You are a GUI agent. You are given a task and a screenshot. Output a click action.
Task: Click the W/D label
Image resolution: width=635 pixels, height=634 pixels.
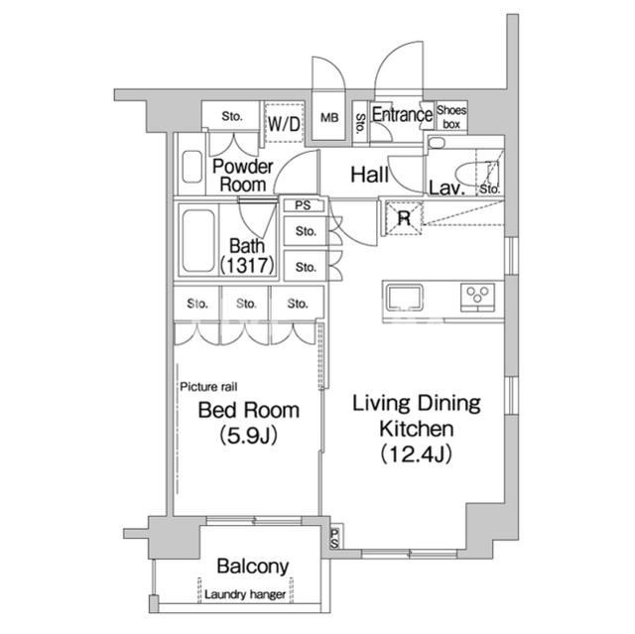[x=284, y=123]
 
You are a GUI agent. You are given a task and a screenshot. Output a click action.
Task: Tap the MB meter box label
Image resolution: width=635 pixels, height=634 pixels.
[x=329, y=118]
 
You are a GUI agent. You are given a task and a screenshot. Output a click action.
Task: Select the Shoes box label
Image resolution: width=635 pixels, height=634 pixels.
[x=451, y=117]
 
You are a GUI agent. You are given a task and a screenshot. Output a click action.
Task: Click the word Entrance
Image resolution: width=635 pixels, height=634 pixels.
[x=402, y=114]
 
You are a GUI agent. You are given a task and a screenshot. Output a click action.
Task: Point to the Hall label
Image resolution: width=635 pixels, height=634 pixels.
[x=369, y=175]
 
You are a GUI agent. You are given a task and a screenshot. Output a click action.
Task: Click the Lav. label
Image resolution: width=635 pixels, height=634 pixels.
[x=446, y=189]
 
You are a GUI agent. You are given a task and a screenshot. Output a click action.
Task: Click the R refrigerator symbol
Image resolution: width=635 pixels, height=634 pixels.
[x=404, y=218]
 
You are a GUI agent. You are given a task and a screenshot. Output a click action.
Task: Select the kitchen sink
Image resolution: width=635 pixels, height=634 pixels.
[x=404, y=298]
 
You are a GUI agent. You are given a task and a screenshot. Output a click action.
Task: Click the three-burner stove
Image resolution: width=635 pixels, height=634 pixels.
[x=477, y=298]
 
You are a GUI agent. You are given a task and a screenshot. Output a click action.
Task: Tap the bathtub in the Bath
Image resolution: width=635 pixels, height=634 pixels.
[x=198, y=241]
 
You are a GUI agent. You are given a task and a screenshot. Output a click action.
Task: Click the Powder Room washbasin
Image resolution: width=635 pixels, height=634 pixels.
[x=191, y=167]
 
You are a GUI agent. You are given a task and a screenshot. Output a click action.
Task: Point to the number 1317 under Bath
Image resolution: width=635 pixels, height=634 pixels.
[x=247, y=266]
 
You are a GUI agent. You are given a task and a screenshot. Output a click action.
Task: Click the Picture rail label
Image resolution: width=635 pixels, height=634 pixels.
[x=208, y=387]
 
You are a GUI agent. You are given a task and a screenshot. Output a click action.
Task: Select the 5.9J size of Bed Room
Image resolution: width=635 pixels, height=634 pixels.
[x=249, y=436]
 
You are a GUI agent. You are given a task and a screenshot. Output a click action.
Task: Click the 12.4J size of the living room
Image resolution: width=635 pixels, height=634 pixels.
[x=416, y=453]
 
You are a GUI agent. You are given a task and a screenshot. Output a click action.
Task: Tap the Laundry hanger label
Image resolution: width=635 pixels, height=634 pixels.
[x=245, y=594]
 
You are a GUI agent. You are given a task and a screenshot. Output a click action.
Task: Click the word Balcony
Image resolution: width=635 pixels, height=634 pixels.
[x=253, y=567]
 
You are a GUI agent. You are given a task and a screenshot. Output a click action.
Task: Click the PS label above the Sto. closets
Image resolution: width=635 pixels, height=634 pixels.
[x=303, y=205]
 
